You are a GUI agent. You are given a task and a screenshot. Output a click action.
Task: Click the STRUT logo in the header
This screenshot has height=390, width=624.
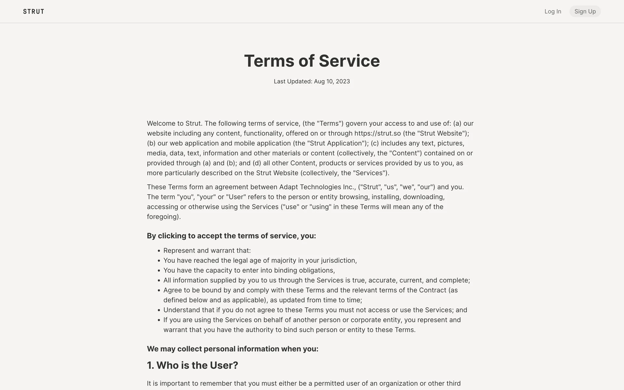[x=33, y=12]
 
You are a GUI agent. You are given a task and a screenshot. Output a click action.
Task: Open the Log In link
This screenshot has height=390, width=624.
[x=552, y=12]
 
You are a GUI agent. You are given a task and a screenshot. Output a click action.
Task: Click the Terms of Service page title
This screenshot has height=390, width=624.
[x=312, y=61]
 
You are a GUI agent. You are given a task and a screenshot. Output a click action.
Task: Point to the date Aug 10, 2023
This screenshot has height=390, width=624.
[x=332, y=81]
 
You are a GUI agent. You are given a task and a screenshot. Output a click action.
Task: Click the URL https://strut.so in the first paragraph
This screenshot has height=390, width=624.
[x=377, y=133]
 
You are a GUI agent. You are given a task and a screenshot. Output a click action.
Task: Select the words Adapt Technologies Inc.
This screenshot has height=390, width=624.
[x=316, y=187]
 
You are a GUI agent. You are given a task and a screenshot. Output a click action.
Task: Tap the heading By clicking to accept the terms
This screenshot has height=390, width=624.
[x=231, y=236]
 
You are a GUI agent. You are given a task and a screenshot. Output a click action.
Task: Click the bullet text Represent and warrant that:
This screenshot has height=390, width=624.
[x=207, y=251]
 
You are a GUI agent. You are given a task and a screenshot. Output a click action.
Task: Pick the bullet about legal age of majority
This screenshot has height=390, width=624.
[x=260, y=260]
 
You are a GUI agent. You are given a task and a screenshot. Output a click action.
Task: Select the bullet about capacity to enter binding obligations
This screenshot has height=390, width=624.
[x=249, y=270]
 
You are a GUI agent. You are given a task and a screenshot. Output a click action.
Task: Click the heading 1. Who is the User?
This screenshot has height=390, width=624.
[x=192, y=365]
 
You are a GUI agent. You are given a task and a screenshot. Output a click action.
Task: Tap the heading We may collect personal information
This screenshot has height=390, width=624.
[x=232, y=349]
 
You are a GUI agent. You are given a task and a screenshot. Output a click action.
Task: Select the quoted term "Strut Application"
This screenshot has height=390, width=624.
[x=336, y=143]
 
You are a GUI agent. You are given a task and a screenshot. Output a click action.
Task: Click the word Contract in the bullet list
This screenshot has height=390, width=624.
[x=433, y=290]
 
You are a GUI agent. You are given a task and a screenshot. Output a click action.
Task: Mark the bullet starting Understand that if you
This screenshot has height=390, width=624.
[x=315, y=310]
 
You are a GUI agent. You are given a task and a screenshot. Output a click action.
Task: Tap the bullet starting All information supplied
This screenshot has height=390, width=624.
[x=317, y=280]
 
